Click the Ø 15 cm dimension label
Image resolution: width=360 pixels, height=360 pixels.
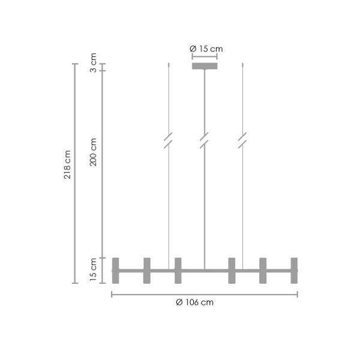[204, 48]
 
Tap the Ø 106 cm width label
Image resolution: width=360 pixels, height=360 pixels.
[195, 302]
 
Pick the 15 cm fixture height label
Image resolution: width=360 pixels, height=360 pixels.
[93, 270]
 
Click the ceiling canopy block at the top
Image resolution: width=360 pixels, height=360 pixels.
[205, 65]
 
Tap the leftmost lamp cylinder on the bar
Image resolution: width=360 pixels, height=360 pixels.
[116, 271]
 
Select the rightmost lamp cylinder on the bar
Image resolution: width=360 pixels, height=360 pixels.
[294, 271]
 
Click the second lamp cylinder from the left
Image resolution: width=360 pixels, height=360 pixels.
[147, 271]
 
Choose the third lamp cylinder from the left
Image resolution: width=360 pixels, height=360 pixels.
[178, 271]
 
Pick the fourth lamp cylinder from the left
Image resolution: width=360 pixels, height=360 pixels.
[232, 271]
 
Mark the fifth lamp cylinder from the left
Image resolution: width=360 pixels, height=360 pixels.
[263, 271]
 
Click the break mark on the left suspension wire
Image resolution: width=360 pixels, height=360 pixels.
[169, 140]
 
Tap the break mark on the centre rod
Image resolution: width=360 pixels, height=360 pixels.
[205, 140]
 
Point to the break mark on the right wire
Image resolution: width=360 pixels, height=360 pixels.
[242, 140]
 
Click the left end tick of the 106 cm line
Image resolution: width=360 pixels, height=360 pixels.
[112, 294]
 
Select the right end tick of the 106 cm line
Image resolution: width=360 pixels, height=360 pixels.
[298, 294]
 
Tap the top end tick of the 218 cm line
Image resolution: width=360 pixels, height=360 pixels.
[74, 64]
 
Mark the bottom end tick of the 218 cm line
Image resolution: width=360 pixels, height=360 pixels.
[74, 283]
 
